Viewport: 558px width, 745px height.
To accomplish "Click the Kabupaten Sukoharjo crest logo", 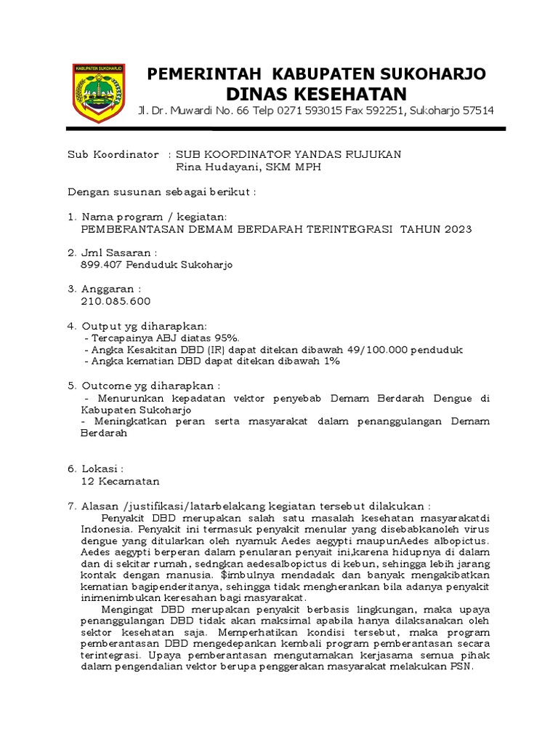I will tap(99, 92).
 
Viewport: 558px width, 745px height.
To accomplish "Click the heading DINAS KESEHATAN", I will tap(316, 94).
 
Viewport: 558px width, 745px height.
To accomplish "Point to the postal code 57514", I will tap(476, 111).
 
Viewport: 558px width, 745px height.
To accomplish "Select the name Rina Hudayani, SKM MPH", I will tap(248, 167).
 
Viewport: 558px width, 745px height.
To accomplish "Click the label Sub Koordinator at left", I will tap(112, 155).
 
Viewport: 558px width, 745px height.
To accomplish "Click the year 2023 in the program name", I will tap(457, 229).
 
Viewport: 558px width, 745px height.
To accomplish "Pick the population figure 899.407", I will tap(101, 266).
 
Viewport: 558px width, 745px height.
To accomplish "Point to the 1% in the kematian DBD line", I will tap(332, 362).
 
